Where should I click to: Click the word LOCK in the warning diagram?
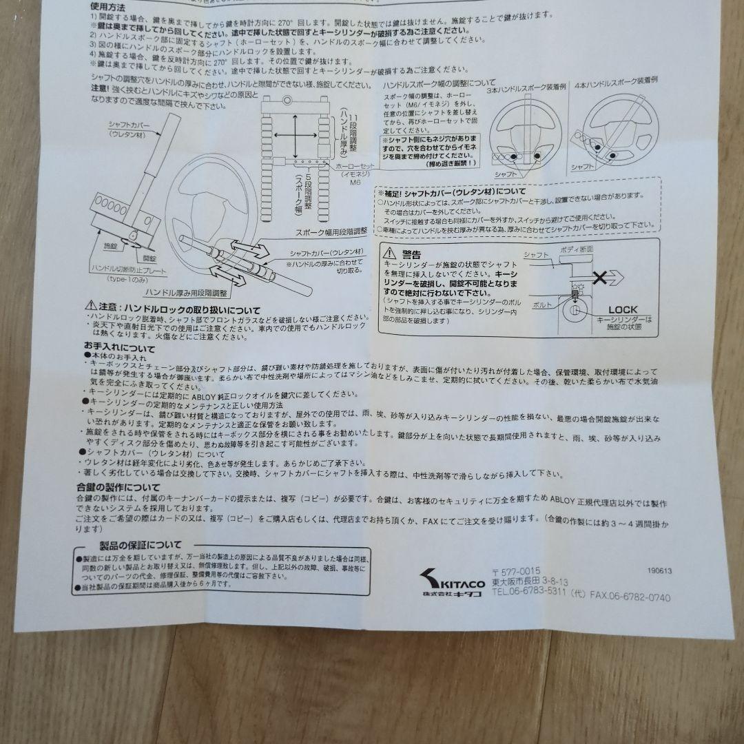[x=622, y=309]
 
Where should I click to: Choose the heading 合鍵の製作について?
[x=118, y=487]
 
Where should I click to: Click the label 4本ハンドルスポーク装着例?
[x=614, y=81]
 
